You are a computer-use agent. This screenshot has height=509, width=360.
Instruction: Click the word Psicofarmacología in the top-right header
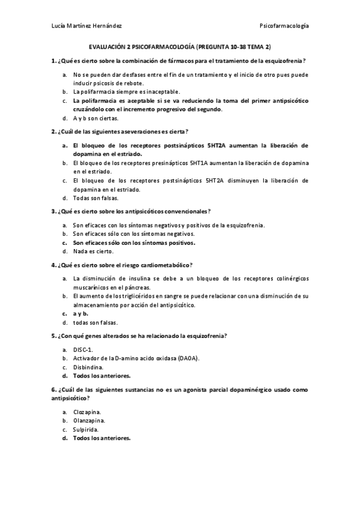coord(284,26)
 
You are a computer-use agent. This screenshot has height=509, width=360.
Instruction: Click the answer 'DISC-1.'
coord(83,349)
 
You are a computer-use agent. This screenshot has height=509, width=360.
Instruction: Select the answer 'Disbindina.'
coord(88,367)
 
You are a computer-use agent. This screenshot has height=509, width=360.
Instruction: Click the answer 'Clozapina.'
coord(87,412)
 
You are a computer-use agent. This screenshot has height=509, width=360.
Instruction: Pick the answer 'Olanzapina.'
coord(88,421)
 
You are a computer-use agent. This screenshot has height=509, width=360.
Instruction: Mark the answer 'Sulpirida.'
coord(86,429)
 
